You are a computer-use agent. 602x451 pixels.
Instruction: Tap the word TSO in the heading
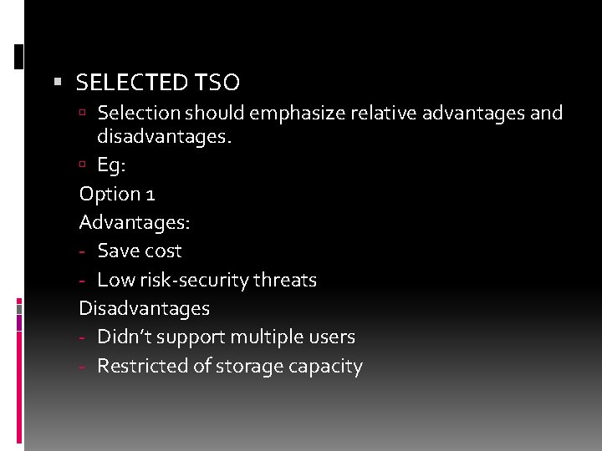[217, 83]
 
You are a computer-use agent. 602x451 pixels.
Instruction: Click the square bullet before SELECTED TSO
[58, 82]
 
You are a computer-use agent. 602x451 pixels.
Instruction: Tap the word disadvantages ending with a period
[164, 135]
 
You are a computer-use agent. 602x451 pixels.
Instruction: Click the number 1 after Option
[150, 194]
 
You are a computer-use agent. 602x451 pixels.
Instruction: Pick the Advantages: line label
[134, 222]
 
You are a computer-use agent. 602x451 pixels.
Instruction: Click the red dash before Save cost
[84, 251]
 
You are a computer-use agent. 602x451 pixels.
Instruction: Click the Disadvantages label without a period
[144, 308]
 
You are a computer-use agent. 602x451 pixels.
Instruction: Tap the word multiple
[268, 337]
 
